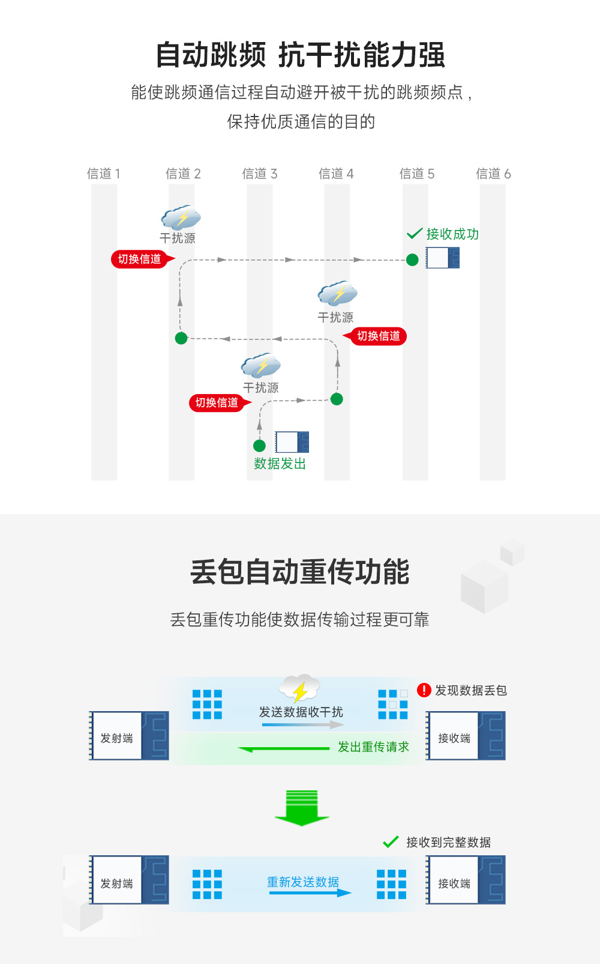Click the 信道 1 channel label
click(104, 174)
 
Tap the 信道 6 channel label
click(493, 174)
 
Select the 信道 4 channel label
click(336, 174)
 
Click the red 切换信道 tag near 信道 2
click(140, 259)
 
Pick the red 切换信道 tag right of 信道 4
click(378, 336)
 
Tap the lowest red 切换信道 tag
click(217, 402)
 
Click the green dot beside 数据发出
click(259, 446)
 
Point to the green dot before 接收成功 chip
click(412, 260)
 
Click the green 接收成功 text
click(452, 234)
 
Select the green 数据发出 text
click(280, 464)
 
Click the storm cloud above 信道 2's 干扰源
click(181, 217)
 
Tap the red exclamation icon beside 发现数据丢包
click(424, 690)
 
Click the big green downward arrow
click(302, 808)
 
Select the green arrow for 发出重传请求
click(284, 748)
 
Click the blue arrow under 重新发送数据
click(310, 893)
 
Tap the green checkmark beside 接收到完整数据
click(391, 842)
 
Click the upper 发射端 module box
click(128, 736)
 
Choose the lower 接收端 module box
click(466, 881)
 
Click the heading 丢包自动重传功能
click(299, 572)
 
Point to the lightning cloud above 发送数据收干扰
click(299, 688)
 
